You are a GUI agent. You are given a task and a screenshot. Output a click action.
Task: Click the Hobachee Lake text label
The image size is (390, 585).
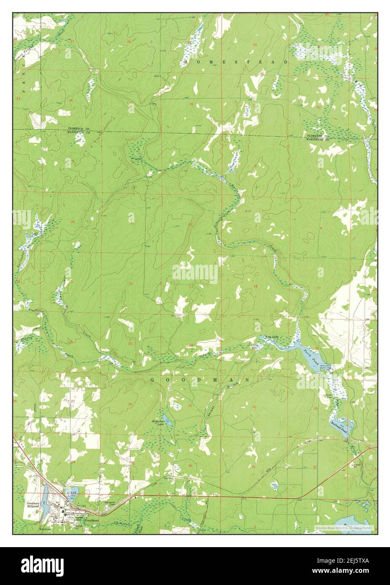[x=155, y=423]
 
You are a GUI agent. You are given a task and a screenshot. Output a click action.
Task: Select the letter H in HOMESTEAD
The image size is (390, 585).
[x=186, y=62]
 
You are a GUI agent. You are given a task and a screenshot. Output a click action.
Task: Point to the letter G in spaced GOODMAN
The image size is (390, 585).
[x=153, y=380]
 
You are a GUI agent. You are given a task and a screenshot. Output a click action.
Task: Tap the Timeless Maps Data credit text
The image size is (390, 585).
[x=344, y=527]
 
